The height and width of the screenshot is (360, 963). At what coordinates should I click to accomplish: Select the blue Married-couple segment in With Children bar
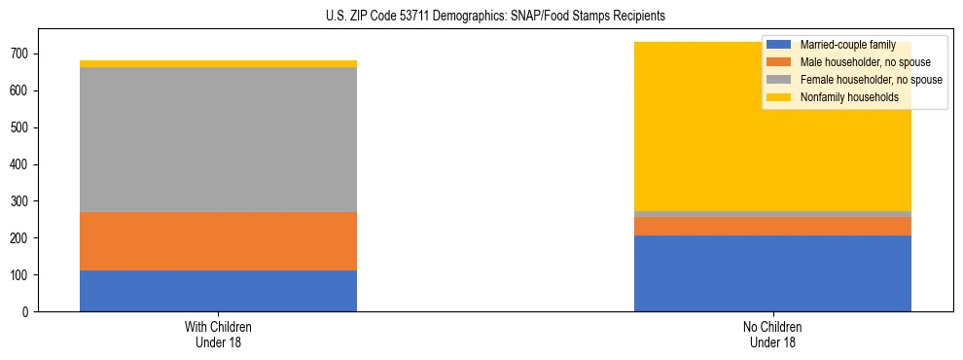(218, 291)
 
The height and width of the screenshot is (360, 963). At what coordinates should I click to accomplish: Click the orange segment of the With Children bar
(218, 241)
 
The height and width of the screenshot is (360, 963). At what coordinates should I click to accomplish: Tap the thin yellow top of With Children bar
(218, 64)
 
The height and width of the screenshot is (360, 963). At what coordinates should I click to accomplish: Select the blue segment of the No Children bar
(772, 273)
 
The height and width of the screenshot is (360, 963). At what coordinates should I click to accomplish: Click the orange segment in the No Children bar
(772, 226)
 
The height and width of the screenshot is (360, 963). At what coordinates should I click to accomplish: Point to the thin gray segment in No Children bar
(772, 214)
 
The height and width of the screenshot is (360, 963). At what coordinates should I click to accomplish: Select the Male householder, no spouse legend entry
(855, 62)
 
